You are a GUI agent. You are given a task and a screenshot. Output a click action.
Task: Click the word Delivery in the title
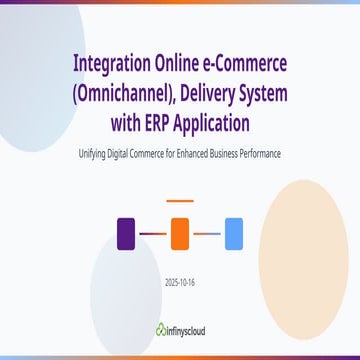click(219, 95)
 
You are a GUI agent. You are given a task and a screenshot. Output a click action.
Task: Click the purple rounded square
click(126, 233)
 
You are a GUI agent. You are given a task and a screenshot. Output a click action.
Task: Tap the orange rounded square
click(180, 233)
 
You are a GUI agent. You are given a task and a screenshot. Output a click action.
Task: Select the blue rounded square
click(234, 233)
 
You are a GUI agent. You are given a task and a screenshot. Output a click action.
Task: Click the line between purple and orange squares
click(153, 233)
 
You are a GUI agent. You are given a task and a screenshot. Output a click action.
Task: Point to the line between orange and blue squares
click(207, 233)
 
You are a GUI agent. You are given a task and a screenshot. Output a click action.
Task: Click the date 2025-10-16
click(180, 283)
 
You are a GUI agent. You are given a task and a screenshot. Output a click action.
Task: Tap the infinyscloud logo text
click(187, 327)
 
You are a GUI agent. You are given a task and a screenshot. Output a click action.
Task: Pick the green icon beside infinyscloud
click(161, 327)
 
